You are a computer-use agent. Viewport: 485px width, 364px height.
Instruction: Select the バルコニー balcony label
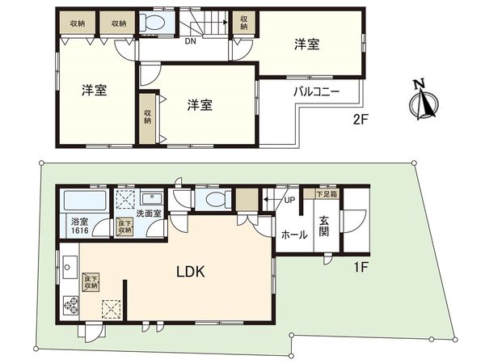tap(315, 91)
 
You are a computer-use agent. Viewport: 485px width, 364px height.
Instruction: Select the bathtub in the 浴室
tap(82, 198)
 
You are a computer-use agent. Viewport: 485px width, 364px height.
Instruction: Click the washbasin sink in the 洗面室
tap(150, 198)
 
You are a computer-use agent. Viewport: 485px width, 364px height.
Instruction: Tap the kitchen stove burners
tap(70, 307)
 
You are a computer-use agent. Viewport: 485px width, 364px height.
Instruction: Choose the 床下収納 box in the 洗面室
tap(125, 226)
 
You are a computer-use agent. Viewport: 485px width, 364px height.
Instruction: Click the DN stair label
tap(191, 41)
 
